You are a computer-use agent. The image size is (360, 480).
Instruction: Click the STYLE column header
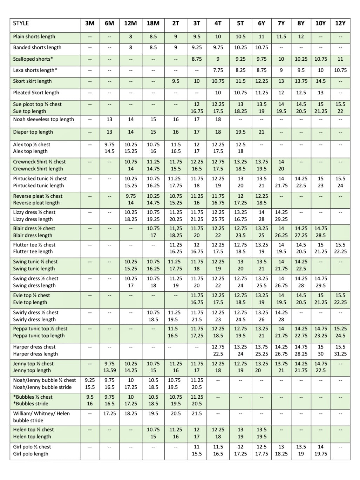tap(21, 23)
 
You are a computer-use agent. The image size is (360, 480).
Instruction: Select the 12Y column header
tap(340, 23)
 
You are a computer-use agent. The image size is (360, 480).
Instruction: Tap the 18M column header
tap(153, 23)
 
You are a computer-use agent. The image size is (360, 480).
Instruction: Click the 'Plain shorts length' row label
tap(34, 37)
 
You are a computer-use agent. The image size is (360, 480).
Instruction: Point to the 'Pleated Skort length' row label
tap(36, 93)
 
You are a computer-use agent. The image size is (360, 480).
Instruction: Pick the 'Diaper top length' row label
tap(33, 132)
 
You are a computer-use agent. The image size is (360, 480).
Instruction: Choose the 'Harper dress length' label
tap(35, 354)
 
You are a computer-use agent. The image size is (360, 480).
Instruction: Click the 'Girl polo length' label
tap(31, 454)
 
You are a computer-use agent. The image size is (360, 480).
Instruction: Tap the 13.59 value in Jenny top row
tap(109, 371)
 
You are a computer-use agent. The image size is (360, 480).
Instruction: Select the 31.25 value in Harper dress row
tap(340, 354)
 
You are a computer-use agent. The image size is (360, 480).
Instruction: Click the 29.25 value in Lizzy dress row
tap(281, 219)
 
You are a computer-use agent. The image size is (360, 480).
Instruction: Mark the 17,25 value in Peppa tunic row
tap(197, 336)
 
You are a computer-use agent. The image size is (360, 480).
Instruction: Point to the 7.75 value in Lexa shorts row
tap(218, 70)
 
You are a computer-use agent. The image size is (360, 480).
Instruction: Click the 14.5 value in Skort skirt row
tap(320, 81)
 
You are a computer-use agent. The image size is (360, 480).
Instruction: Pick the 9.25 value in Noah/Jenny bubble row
tap(90, 380)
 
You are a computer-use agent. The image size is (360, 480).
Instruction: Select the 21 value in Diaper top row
tap(261, 132)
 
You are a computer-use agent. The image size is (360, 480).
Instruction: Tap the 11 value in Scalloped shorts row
tap(340, 59)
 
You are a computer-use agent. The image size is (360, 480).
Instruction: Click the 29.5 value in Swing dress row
tap(320, 286)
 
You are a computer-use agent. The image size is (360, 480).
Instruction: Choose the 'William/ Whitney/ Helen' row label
tap(41, 414)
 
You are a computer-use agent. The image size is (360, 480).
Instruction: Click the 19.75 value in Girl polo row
tap(320, 454)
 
